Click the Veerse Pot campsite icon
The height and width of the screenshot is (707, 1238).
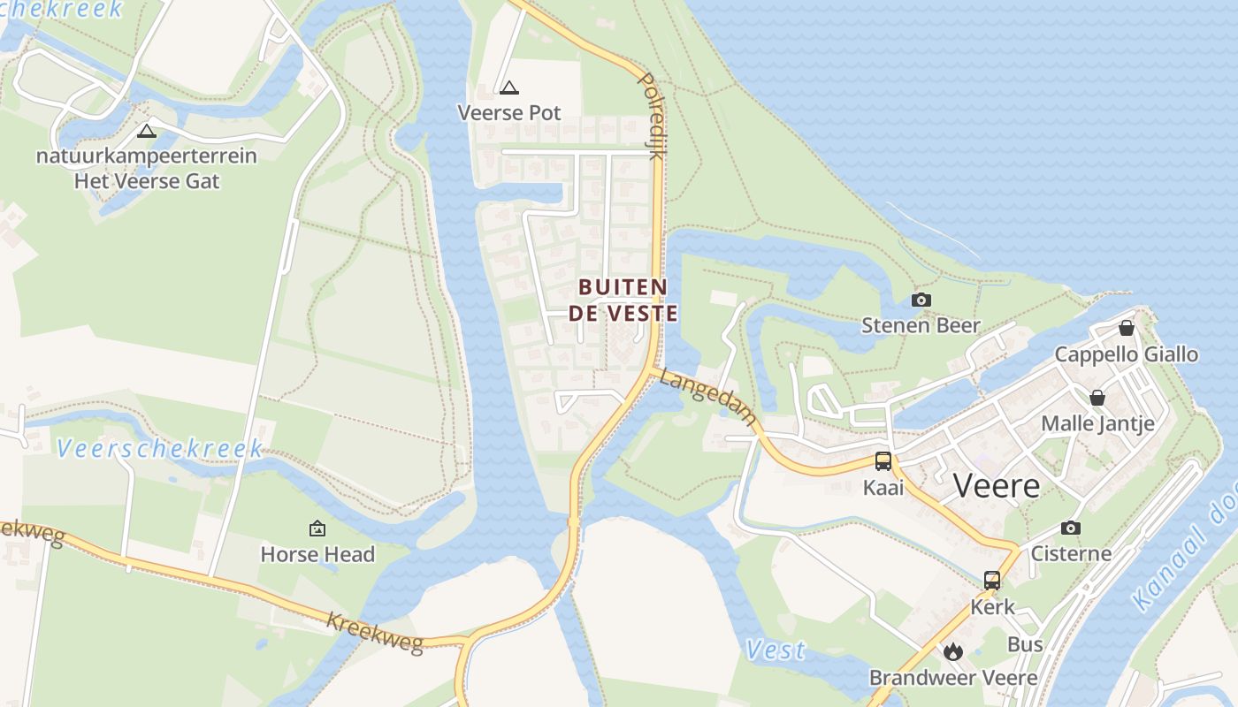pyautogui.click(x=508, y=87)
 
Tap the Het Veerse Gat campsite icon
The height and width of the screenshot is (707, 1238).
pyautogui.click(x=147, y=132)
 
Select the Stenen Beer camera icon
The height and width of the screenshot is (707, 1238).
pyautogui.click(x=921, y=300)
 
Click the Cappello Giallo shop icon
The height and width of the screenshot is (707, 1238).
pyautogui.click(x=1127, y=328)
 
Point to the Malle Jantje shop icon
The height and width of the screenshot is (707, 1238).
pyautogui.click(x=1097, y=398)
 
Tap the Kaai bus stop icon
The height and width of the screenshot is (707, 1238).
pyautogui.click(x=883, y=460)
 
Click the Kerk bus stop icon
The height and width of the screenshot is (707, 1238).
pyautogui.click(x=992, y=580)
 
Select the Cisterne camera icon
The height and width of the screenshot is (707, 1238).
pyautogui.click(x=1071, y=528)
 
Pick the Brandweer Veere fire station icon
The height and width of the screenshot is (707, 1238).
pyautogui.click(x=952, y=651)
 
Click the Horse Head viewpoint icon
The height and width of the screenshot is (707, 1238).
pyautogui.click(x=317, y=528)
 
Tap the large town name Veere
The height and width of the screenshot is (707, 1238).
pyautogui.click(x=997, y=485)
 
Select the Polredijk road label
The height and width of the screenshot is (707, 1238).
pyautogui.click(x=651, y=116)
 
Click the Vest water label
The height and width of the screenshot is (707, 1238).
pyautogui.click(x=776, y=650)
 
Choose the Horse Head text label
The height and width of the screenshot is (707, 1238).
pyautogui.click(x=317, y=554)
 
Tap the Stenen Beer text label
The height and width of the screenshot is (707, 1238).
pyautogui.click(x=921, y=325)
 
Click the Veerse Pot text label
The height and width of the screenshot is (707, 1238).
pyautogui.click(x=508, y=113)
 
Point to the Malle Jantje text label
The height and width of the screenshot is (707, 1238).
pyautogui.click(x=1097, y=423)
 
